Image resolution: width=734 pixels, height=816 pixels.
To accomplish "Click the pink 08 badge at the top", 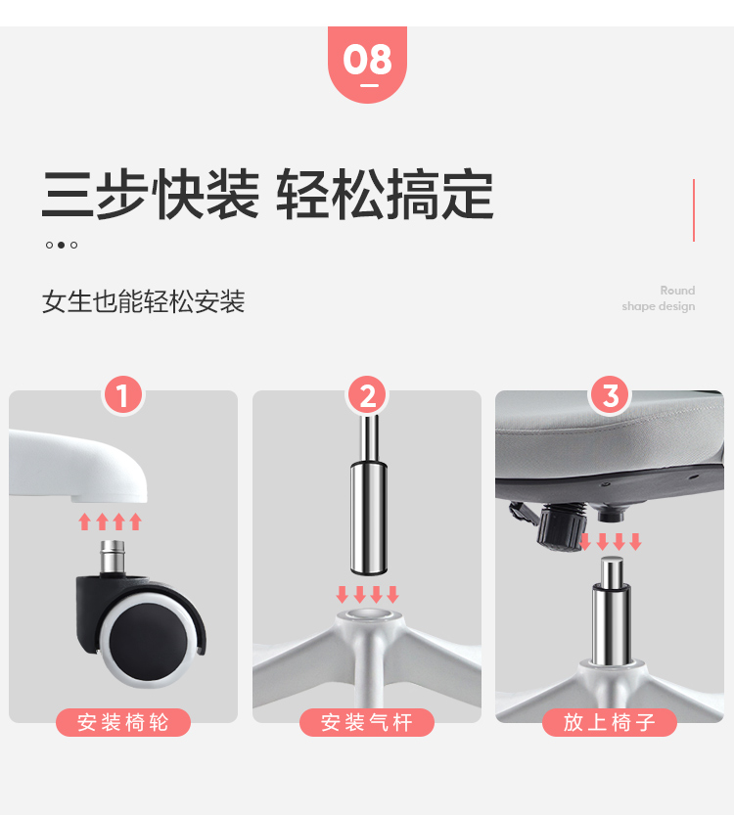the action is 367,64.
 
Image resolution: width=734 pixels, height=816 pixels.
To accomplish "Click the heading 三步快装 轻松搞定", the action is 267,195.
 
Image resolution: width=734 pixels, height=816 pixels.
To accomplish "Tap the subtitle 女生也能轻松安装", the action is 143,301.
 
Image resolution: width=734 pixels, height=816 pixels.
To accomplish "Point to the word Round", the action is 677,291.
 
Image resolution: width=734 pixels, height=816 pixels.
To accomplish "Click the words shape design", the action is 658,306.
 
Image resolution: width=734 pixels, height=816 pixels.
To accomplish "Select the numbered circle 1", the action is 123,395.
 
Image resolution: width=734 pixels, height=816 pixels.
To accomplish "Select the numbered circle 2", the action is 367,395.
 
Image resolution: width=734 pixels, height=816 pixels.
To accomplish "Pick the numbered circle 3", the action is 610,395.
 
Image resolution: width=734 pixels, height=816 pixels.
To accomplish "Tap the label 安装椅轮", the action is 123,722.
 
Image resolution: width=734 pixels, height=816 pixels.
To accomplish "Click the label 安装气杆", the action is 367,722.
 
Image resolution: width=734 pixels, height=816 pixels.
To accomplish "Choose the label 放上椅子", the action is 610,722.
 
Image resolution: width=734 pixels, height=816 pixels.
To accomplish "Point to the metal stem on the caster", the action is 112,557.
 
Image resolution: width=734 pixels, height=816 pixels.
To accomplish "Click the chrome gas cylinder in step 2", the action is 369,494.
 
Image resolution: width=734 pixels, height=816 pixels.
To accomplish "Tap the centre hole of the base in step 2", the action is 367,614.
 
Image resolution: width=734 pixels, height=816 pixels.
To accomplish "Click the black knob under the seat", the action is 560,524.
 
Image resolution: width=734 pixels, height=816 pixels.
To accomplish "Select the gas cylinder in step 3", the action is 611,612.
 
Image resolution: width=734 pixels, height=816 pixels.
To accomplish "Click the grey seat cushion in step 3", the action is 610,431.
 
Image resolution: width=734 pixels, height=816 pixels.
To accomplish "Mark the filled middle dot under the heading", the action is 62,245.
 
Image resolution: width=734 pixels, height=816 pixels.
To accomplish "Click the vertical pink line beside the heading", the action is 694,210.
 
